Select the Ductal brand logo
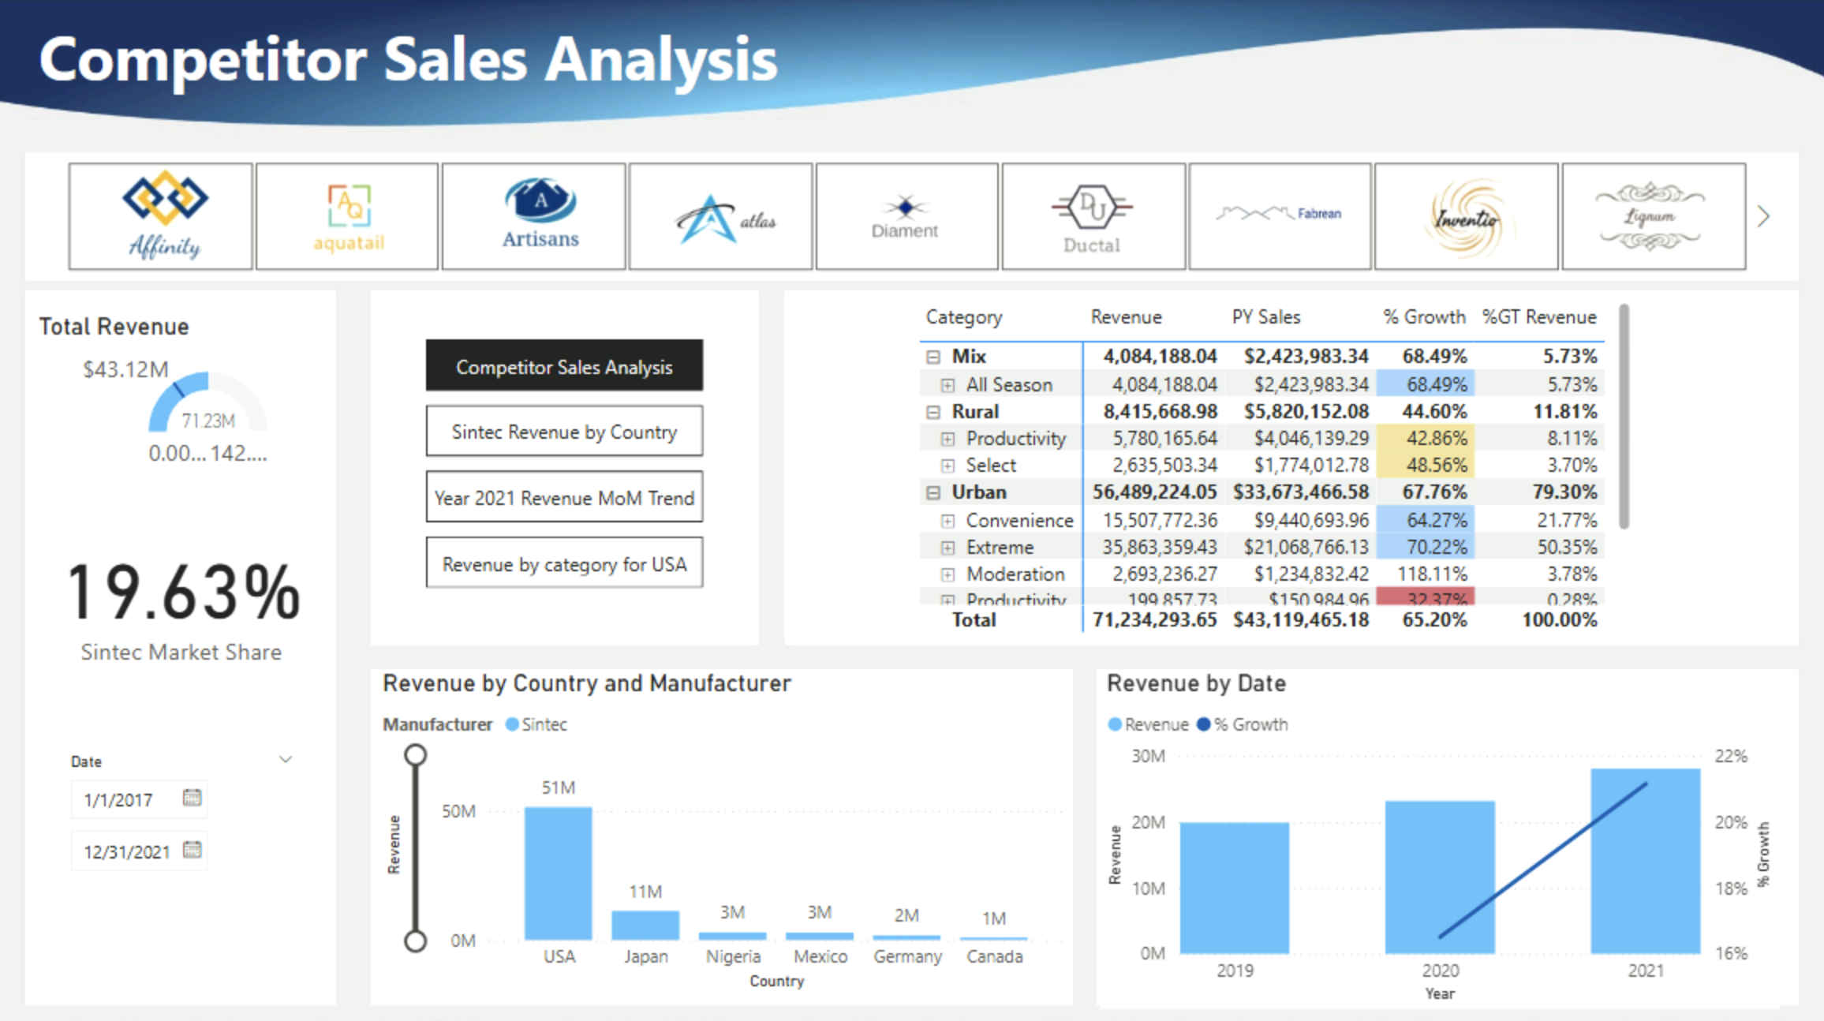point(1093,215)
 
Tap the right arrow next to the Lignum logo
point(1764,216)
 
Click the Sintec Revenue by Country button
point(564,432)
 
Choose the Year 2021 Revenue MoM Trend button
point(564,497)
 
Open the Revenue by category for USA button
point(564,563)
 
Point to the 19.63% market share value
point(183,592)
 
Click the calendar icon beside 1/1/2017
point(192,798)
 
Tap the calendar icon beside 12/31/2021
point(192,850)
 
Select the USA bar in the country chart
point(558,873)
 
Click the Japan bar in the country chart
point(645,925)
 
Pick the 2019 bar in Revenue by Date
point(1234,887)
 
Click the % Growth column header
point(1424,317)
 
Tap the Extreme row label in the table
point(1000,547)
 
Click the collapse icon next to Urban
point(933,492)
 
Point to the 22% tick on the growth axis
point(1730,756)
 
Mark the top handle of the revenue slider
point(416,755)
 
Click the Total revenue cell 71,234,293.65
point(1154,619)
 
